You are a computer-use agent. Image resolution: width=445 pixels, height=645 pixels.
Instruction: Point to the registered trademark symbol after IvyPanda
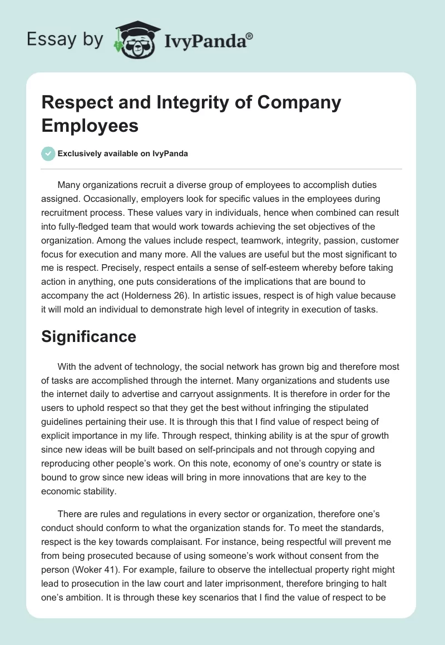pyautogui.click(x=250, y=34)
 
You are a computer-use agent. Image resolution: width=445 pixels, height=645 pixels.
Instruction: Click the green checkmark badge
pyautogui.click(x=48, y=153)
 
